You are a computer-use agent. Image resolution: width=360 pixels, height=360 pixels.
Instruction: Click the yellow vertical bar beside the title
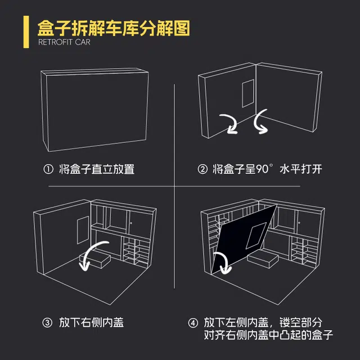pos(26,32)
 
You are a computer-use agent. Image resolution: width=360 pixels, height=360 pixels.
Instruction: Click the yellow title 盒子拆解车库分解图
pos(114,29)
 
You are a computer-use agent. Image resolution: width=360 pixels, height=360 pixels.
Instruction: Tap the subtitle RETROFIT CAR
pos(64,42)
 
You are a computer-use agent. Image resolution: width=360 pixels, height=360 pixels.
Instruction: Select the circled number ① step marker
pos(48,169)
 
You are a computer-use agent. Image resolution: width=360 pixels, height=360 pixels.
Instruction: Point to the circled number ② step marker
pos(202,169)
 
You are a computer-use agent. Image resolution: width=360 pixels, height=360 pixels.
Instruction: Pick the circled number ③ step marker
pos(47,322)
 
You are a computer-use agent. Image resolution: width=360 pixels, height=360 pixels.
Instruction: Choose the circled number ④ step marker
pos(193,323)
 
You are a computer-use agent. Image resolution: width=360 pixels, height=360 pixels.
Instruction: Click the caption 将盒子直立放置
pos(97,169)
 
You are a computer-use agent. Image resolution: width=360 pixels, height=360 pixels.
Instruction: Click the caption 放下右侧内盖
pos(91,322)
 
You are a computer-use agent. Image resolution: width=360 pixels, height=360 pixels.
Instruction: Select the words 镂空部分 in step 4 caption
pos(301,322)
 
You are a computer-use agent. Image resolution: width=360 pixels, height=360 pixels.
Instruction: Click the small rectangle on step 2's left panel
pos(248,93)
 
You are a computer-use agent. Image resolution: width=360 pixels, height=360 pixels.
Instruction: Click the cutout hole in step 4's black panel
pos(256,236)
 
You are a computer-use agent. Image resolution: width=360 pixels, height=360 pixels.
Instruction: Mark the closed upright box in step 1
pos(94,110)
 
